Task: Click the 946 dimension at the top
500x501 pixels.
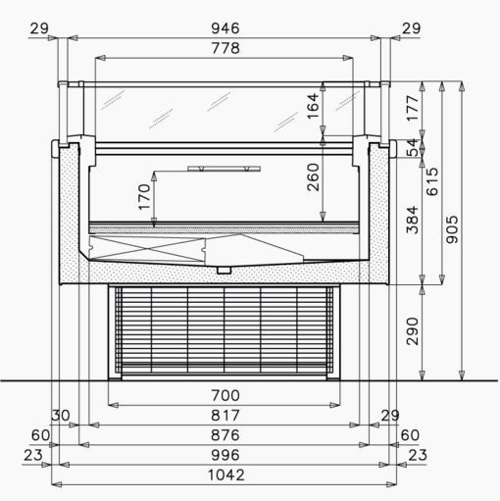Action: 225,28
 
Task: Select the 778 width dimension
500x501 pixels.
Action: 225,48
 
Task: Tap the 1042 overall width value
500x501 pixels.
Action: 226,476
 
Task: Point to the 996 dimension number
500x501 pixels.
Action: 225,455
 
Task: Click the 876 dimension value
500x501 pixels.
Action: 225,435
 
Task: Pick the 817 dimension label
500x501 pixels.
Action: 225,416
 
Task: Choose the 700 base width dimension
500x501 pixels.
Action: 225,396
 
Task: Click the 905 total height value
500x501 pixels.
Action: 452,229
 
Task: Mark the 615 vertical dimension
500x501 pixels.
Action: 432,181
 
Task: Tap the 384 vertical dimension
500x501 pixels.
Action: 412,220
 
